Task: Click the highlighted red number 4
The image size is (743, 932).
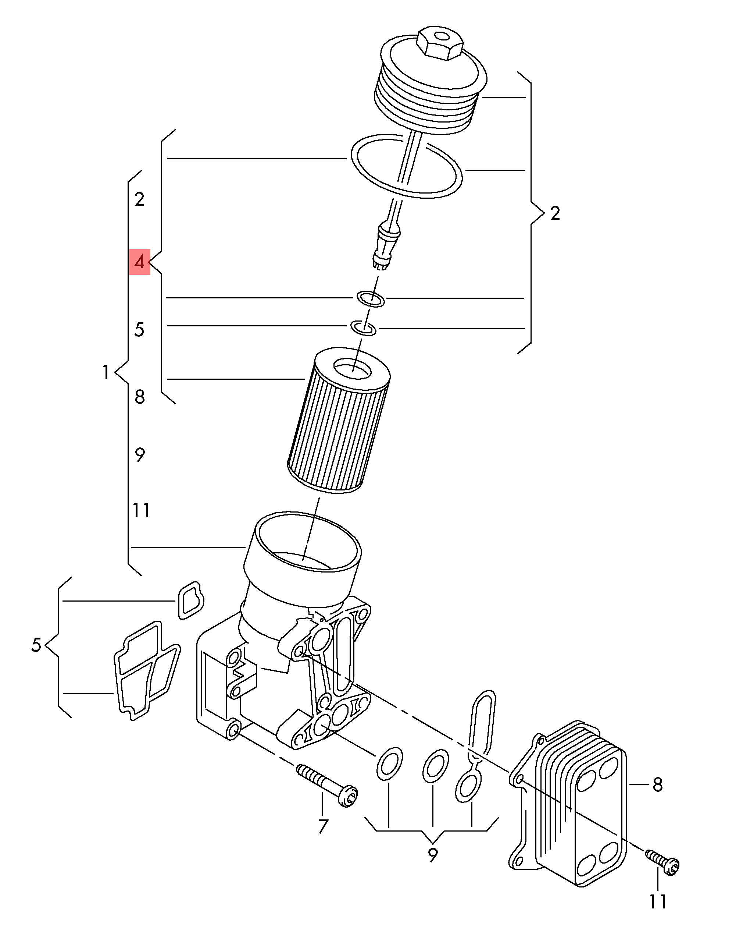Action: [140, 262]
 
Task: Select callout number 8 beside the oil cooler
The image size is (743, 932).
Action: [657, 784]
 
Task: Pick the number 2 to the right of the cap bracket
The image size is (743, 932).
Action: [555, 213]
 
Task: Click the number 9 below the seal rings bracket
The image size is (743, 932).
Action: [432, 854]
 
